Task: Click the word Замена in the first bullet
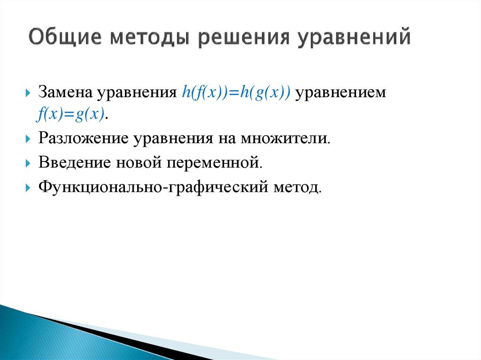66,92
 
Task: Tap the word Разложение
84,139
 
